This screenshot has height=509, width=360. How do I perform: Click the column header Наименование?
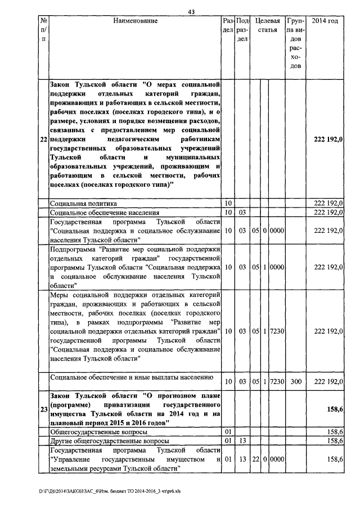click(x=135, y=21)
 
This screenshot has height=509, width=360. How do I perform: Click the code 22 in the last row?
click(x=255, y=460)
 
